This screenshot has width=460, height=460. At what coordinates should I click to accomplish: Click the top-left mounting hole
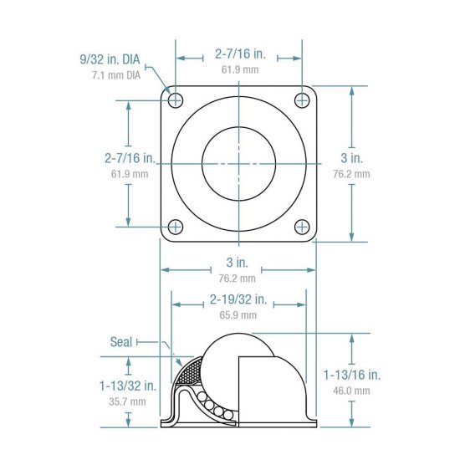tap(176, 100)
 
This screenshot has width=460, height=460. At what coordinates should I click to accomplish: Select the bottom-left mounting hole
tap(176, 226)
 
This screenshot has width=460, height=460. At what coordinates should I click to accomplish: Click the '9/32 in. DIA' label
tap(109, 60)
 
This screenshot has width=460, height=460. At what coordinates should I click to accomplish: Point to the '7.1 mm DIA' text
tap(116, 75)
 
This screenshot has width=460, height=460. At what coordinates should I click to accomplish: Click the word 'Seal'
tap(121, 341)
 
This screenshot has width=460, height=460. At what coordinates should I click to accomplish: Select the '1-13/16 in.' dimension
tap(352, 375)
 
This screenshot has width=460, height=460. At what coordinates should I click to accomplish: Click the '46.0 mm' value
tap(352, 391)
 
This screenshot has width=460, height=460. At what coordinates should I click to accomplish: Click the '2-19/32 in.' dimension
tap(238, 299)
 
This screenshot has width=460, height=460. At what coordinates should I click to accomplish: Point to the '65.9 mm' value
tap(238, 315)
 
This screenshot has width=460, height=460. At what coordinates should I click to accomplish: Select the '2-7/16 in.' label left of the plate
tap(130, 157)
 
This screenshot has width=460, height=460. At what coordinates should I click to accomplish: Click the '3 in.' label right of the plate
tap(351, 157)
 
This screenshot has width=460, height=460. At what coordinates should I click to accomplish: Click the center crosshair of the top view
tap(239, 163)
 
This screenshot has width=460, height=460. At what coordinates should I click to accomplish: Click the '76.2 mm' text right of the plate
tap(351, 174)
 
